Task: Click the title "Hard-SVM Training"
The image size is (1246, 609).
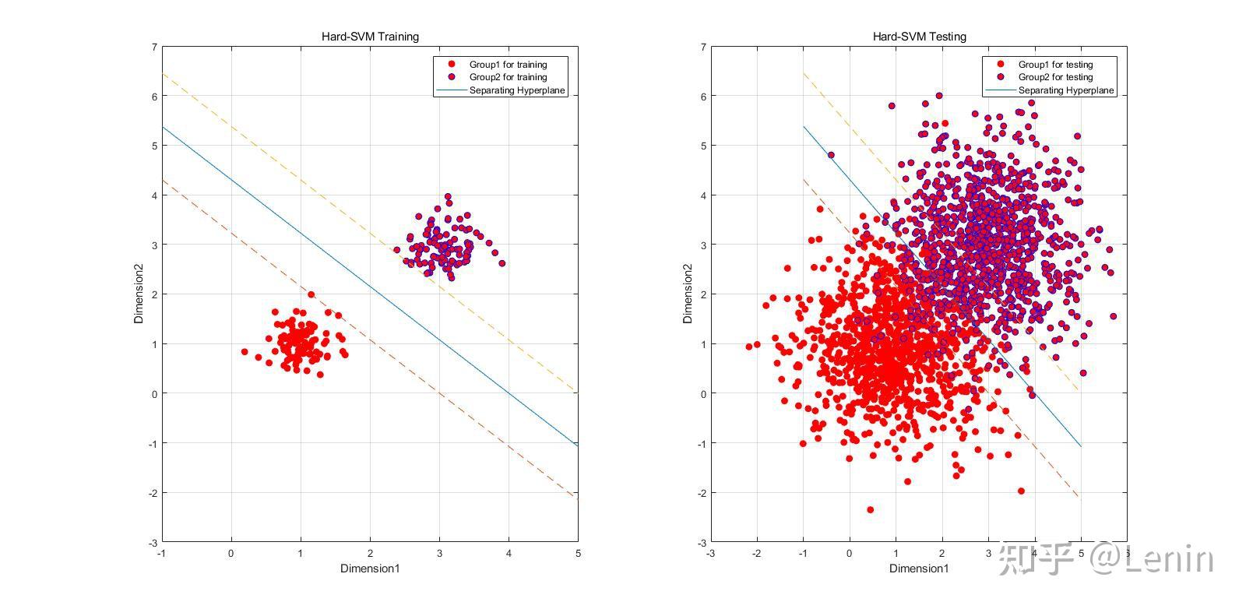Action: pos(370,37)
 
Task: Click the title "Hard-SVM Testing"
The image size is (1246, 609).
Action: pos(919,37)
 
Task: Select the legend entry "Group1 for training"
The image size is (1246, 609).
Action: pos(508,65)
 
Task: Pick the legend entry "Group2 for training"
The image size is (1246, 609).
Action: pos(508,77)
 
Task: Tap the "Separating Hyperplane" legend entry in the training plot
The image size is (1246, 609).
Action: pos(517,90)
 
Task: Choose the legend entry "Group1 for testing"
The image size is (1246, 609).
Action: pos(1055,65)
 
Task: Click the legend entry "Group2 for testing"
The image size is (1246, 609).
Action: pos(1055,77)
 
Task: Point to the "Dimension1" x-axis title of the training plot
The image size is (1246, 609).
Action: pos(370,569)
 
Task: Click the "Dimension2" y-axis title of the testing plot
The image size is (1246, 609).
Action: pos(688,294)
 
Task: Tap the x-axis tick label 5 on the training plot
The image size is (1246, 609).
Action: pos(578,554)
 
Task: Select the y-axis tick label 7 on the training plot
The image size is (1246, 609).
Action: pos(154,47)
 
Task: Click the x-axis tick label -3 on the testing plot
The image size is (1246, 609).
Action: pos(710,554)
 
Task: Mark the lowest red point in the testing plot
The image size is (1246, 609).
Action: pos(870,510)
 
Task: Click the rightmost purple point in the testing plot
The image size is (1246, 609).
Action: pos(1113,316)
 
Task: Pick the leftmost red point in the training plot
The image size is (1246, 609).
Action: pos(245,352)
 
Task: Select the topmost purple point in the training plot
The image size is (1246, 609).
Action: pos(448,197)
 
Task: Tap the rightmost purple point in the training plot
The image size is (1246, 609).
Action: pos(502,263)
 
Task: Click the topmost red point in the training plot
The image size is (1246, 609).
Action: pos(311,294)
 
